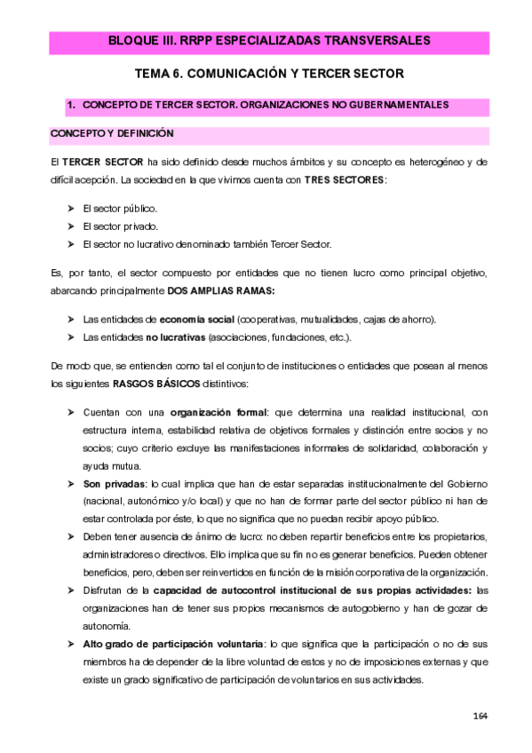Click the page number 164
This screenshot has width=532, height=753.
[x=480, y=716]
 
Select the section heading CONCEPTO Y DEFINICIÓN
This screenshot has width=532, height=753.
[x=112, y=134]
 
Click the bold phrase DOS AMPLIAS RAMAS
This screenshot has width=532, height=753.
[x=221, y=291]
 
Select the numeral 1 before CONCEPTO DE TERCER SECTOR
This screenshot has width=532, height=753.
[x=70, y=106]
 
